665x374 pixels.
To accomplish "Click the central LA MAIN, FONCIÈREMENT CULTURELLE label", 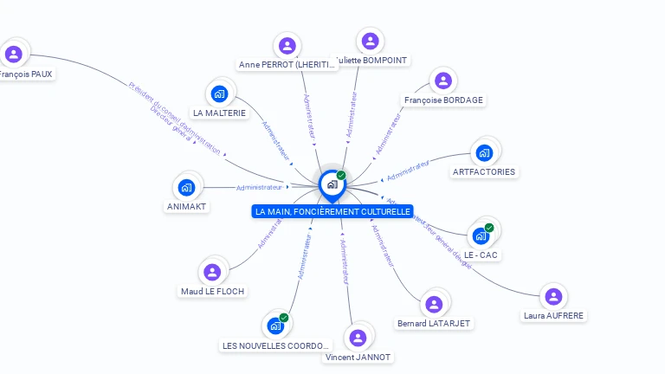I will (332, 211).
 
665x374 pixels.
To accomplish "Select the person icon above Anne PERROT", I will (287, 45).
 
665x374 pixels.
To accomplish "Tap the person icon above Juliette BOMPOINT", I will (370, 41).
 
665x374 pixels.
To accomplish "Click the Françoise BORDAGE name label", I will (443, 100).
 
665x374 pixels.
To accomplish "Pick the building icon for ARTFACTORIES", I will (484, 153).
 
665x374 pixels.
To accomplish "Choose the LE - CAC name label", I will (481, 255).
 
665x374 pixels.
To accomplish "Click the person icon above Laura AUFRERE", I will (554, 297).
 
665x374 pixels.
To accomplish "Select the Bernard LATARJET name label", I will (433, 324).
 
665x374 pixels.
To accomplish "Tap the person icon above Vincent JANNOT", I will (358, 338).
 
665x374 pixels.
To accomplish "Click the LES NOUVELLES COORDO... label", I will (276, 346).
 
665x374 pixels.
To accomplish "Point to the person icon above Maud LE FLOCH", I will (212, 273).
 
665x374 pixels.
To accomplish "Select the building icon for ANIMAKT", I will (186, 187).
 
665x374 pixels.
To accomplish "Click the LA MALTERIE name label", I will (219, 113).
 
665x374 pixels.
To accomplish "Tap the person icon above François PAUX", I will (14, 55).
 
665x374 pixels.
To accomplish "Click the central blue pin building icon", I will (332, 184).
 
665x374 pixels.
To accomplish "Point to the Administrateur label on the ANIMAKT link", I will (259, 187).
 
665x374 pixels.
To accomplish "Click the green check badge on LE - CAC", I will (489, 228).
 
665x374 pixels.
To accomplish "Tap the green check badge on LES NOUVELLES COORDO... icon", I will (284, 318).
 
